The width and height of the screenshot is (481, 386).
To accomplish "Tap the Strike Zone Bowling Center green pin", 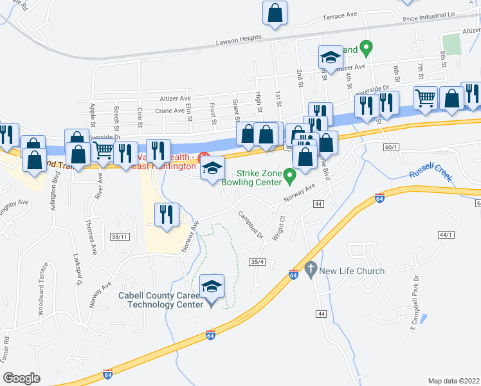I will [289, 174].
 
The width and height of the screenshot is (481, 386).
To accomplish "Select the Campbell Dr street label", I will [251, 225].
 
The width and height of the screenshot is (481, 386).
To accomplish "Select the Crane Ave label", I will [170, 110].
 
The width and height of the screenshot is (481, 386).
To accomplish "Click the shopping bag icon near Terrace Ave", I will [275, 13].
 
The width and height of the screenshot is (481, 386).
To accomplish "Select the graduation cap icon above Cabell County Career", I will [211, 285].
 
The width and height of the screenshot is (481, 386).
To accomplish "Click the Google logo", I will [21, 378].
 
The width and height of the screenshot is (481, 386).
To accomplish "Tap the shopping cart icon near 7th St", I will [425, 98].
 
